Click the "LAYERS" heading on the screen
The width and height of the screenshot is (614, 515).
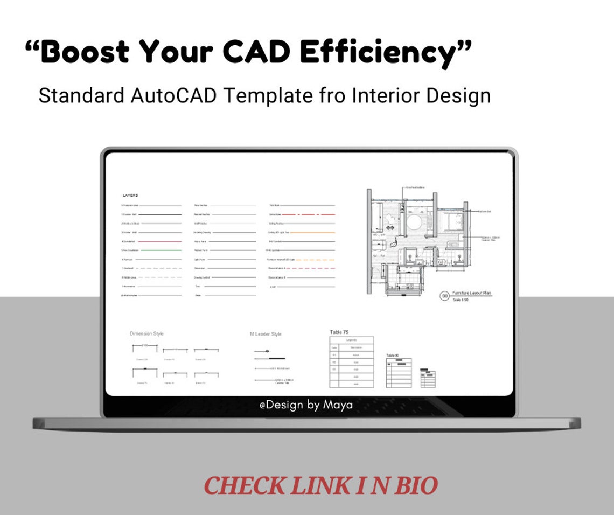[130, 196]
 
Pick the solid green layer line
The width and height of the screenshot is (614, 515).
[159, 250]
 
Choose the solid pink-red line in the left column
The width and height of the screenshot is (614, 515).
[159, 241]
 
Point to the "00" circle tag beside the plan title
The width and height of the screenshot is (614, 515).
[445, 296]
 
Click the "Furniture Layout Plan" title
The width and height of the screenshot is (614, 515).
[472, 293]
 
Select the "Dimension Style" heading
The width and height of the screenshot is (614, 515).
[146, 334]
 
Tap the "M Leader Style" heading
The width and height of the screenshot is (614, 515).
[265, 334]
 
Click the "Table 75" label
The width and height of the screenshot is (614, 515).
[339, 332]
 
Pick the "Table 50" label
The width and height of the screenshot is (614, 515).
[393, 356]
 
